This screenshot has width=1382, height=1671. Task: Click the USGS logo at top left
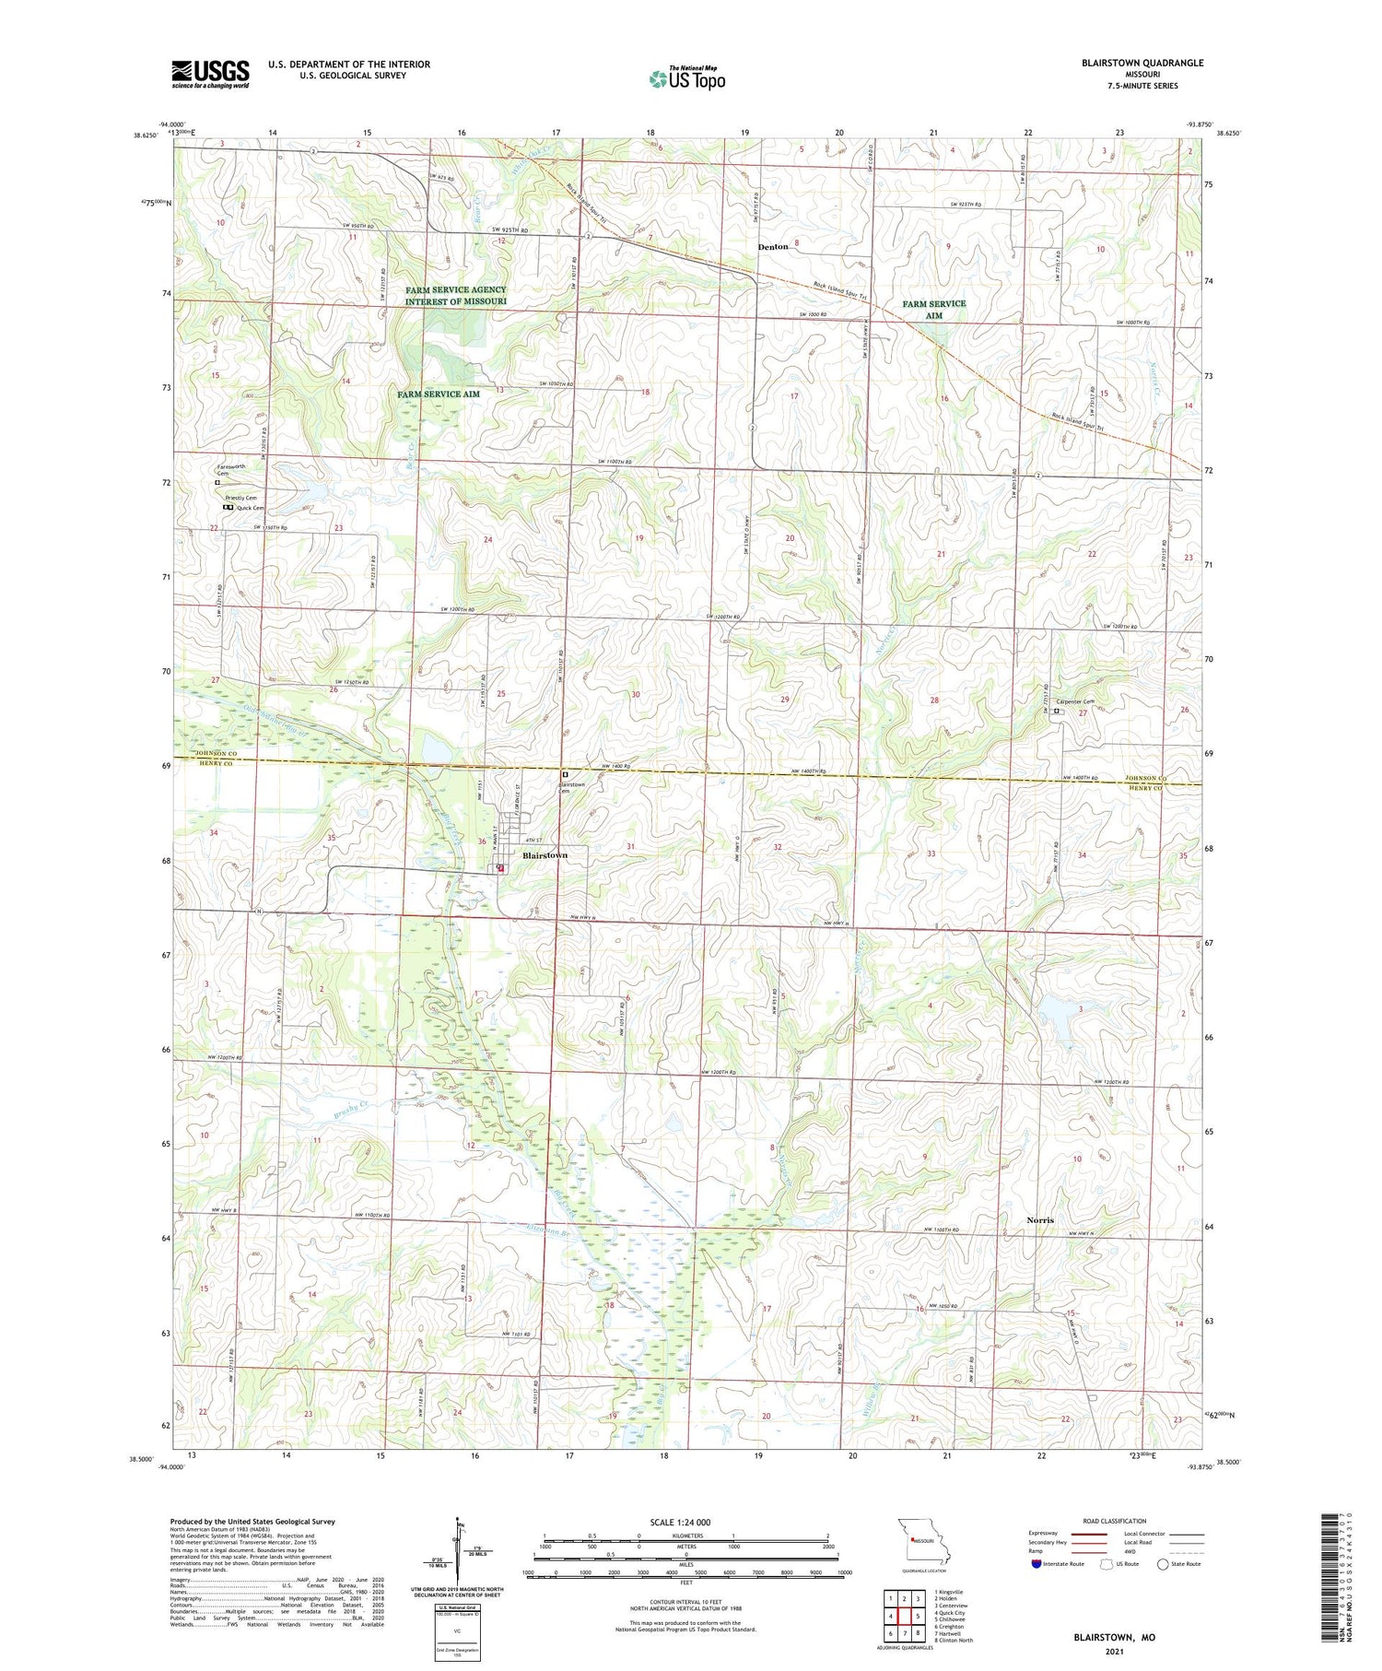point(210,74)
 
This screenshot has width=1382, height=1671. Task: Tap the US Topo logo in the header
point(686,78)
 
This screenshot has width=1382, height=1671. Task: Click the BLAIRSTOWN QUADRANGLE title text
point(1130,63)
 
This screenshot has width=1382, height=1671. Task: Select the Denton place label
point(773,247)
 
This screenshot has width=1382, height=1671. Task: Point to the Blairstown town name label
point(545,855)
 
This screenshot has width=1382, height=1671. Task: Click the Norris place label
point(1040,1219)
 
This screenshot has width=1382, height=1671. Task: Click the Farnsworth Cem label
point(230,469)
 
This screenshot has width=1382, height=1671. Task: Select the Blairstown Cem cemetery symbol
point(565,775)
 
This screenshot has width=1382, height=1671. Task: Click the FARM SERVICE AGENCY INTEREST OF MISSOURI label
point(455,296)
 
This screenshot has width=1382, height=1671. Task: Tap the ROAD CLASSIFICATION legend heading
point(1115,1521)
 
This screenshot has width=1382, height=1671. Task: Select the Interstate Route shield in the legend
point(1036,1564)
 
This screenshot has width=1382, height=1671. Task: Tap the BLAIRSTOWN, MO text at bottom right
point(1114,1637)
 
